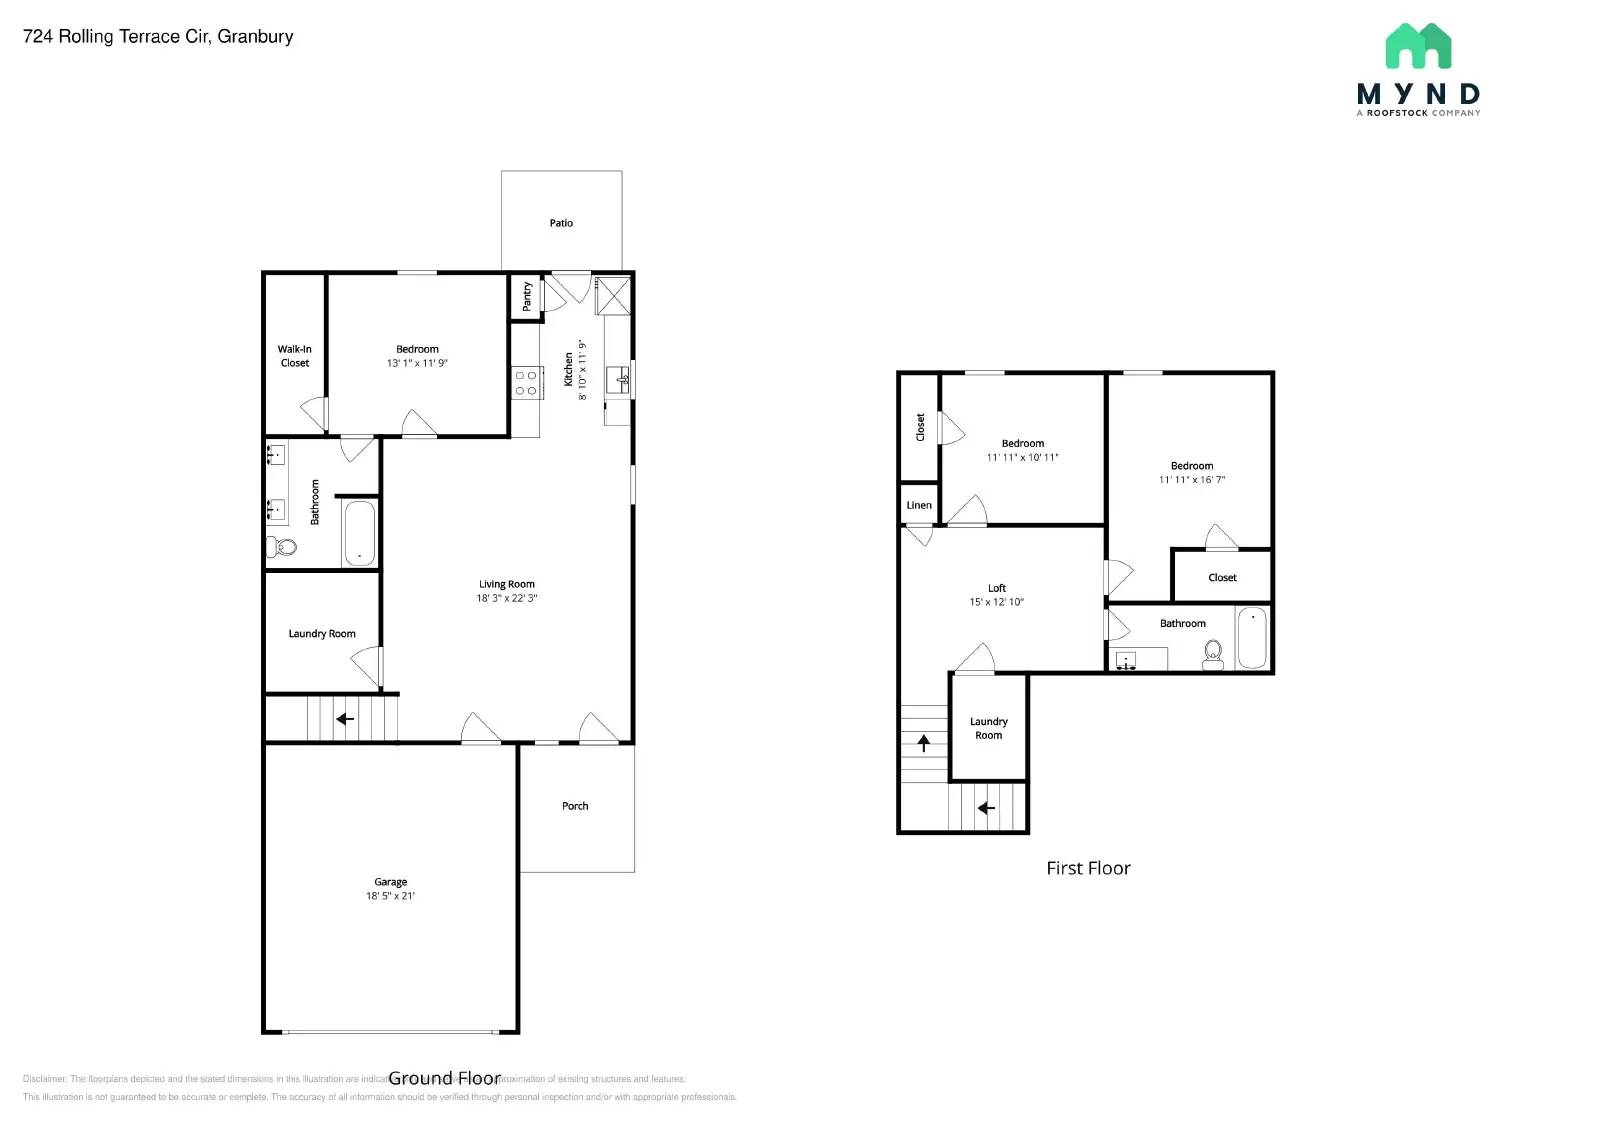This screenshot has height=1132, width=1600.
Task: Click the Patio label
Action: point(561,223)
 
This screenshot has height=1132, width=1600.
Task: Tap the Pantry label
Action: point(527,295)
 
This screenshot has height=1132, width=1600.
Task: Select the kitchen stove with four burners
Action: point(526,383)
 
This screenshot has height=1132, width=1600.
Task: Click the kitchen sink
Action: point(620,379)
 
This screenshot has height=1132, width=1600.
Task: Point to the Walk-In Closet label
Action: point(294,356)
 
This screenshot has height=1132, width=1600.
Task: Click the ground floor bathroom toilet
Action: point(282,547)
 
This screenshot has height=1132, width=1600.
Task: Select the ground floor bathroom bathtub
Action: point(359,533)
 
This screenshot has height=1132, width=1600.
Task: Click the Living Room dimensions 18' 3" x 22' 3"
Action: point(506,598)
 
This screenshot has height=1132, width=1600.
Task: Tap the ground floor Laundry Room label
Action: point(322,633)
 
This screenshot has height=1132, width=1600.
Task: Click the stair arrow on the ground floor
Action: point(345,718)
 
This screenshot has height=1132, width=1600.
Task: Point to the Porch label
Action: point(575,805)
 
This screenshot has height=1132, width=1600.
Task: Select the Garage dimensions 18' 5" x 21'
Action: point(390,896)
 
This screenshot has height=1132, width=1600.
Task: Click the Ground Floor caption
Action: point(444,1078)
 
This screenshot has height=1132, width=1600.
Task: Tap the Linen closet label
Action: point(919,505)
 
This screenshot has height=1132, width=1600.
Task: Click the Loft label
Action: point(996,588)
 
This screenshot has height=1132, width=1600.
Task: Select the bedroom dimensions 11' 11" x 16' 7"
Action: point(1191,480)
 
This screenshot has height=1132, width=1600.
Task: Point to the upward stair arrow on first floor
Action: point(923,743)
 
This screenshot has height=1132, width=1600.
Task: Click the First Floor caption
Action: point(1088,868)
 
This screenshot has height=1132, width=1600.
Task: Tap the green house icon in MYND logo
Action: point(1418,47)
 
